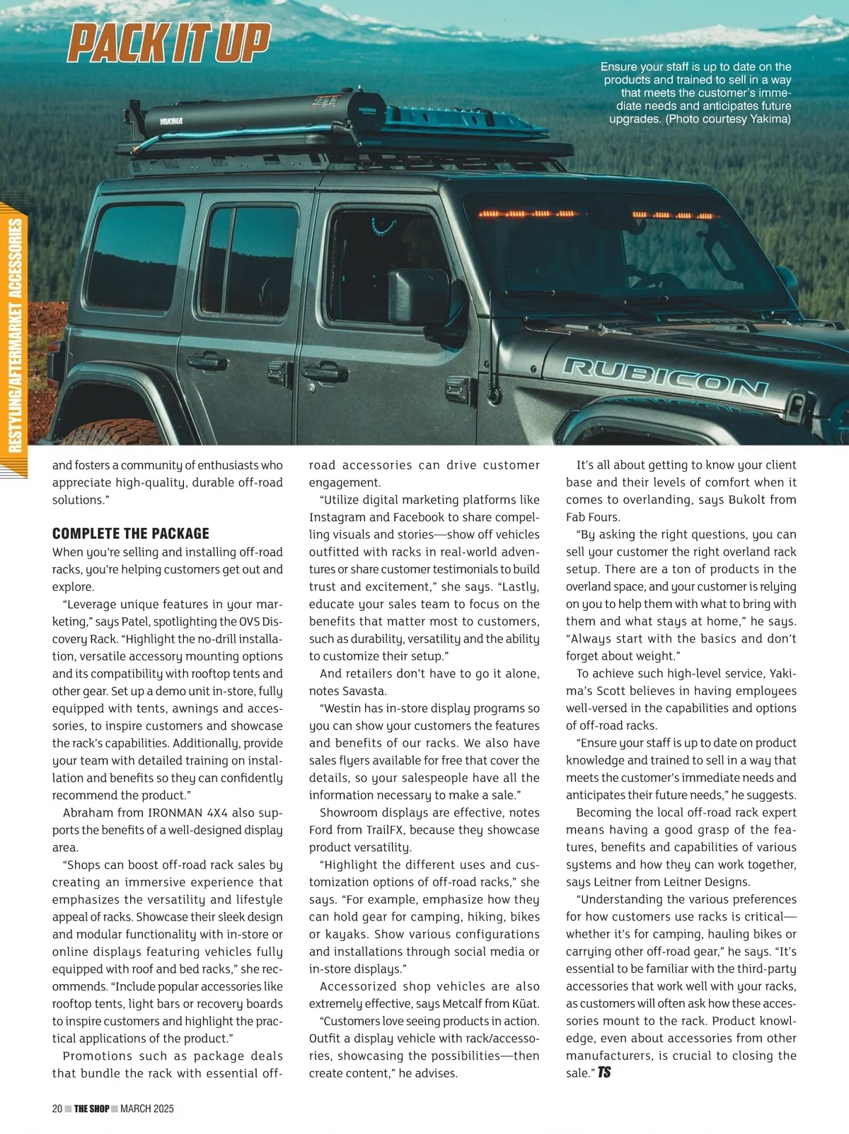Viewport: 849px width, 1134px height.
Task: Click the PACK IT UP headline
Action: pyautogui.click(x=169, y=42)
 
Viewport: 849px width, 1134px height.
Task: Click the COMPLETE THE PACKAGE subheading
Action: pyautogui.click(x=131, y=534)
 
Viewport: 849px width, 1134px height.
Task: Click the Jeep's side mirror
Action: pyautogui.click(x=419, y=296)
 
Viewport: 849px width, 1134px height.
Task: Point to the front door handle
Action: pyautogui.click(x=325, y=371)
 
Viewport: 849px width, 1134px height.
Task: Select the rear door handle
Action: pyautogui.click(x=207, y=362)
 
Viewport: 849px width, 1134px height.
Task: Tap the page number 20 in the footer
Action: pyautogui.click(x=57, y=1109)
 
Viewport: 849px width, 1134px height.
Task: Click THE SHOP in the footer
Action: pyautogui.click(x=92, y=1109)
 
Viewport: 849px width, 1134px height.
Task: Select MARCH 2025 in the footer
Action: pyautogui.click(x=147, y=1109)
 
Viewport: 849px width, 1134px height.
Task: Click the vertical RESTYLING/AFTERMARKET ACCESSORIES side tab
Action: pyautogui.click(x=15, y=336)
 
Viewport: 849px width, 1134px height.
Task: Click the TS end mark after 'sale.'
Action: pyautogui.click(x=604, y=1072)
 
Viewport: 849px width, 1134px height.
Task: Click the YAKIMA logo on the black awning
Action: pyautogui.click(x=171, y=121)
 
